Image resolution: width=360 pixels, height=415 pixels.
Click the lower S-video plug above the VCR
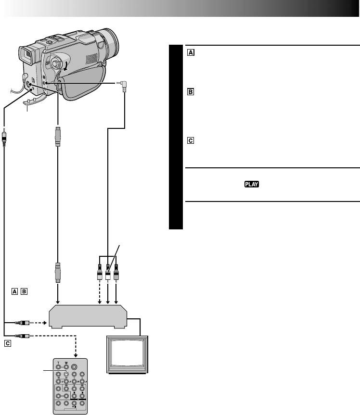(x=57, y=273)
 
